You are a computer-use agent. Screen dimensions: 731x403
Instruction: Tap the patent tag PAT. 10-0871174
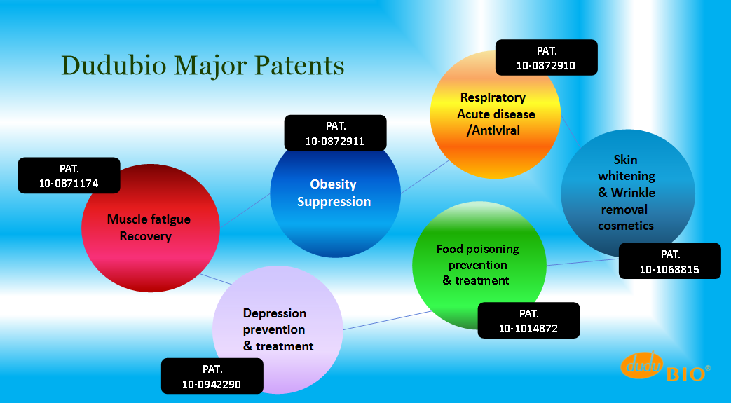pyautogui.click(x=69, y=175)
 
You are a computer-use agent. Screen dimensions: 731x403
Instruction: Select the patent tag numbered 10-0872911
pyautogui.click(x=335, y=133)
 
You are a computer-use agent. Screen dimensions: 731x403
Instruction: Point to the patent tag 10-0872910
pyautogui.click(x=547, y=57)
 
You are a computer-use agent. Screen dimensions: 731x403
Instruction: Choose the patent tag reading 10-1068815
pyautogui.click(x=670, y=261)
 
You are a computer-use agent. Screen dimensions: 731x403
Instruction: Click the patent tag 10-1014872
pyautogui.click(x=528, y=320)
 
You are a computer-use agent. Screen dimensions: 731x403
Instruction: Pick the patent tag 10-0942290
pyautogui.click(x=212, y=376)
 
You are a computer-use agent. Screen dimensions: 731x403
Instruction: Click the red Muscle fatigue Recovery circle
pyautogui.click(x=151, y=228)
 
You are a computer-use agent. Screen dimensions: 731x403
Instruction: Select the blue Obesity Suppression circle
pyautogui.click(x=335, y=196)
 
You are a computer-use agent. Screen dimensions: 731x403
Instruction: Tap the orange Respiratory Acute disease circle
pyautogui.click(x=495, y=114)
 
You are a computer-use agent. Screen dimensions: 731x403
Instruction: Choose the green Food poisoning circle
pyautogui.click(x=479, y=266)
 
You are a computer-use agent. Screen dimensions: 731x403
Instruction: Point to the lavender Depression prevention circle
pyautogui.click(x=278, y=329)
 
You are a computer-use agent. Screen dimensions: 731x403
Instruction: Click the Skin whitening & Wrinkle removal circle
pyautogui.click(x=628, y=193)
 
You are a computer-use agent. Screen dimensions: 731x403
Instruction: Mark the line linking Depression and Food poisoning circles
pyautogui.click(x=387, y=320)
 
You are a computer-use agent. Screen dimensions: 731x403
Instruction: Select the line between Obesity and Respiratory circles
pyautogui.click(x=425, y=177)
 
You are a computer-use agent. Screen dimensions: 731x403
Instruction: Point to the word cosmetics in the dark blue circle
pyautogui.click(x=626, y=226)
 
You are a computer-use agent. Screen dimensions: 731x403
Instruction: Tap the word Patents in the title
pyautogui.click(x=300, y=65)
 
